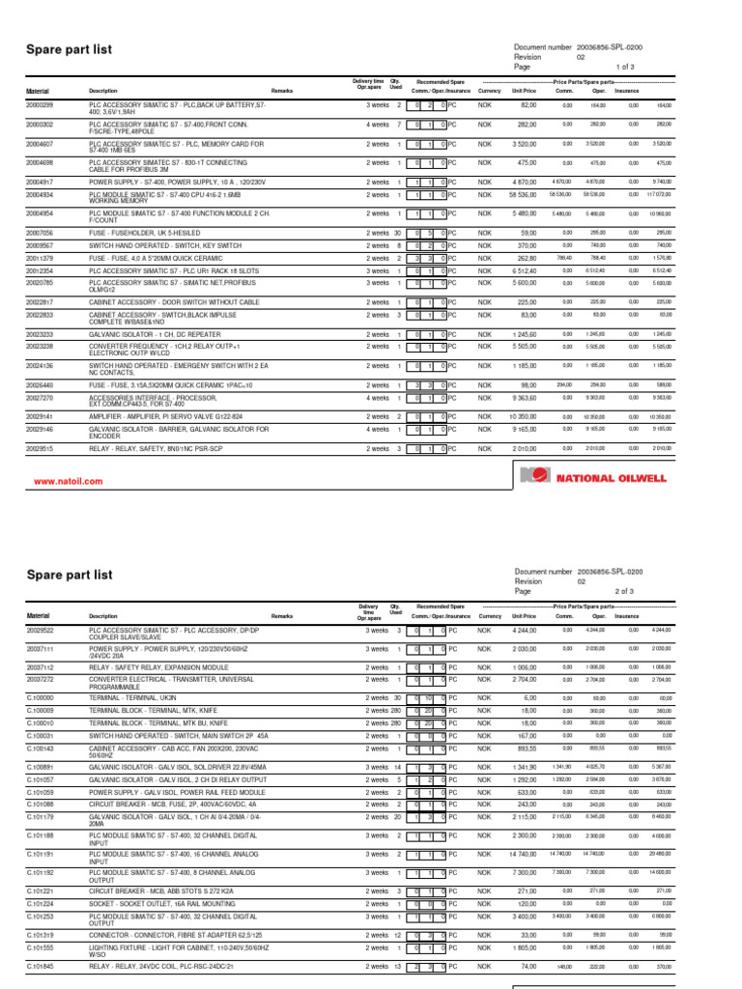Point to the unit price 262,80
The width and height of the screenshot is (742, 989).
tap(523, 259)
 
